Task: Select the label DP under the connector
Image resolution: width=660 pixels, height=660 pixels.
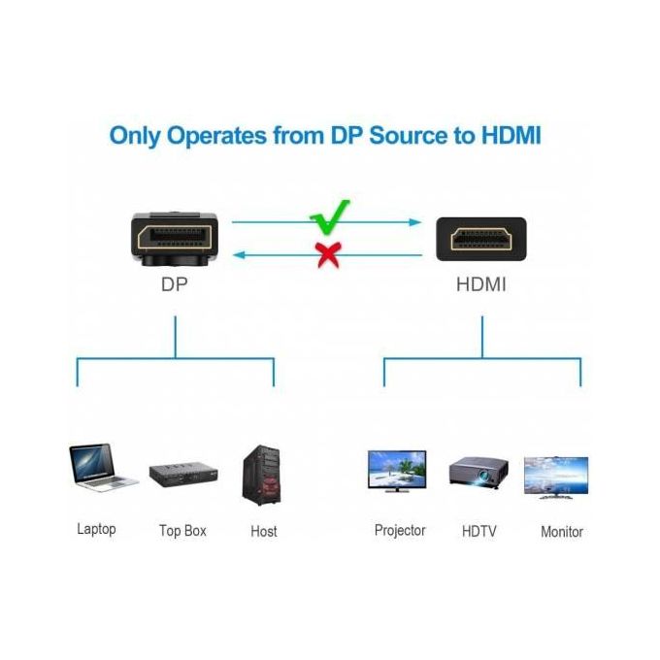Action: point(175,286)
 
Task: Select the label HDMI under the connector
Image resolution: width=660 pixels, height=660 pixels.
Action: point(481,286)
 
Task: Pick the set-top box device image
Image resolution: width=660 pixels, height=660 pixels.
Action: point(182,474)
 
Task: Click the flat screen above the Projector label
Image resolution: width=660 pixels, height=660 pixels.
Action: point(398,472)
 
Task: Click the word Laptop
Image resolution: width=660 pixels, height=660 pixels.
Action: point(96,529)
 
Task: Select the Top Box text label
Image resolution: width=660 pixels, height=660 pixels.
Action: point(182,531)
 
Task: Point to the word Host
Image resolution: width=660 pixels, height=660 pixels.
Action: point(263,531)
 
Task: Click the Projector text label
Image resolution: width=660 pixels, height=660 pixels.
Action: point(400,530)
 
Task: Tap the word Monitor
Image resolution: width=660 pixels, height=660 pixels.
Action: point(561,532)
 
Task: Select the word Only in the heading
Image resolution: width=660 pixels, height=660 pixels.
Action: point(135,135)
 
